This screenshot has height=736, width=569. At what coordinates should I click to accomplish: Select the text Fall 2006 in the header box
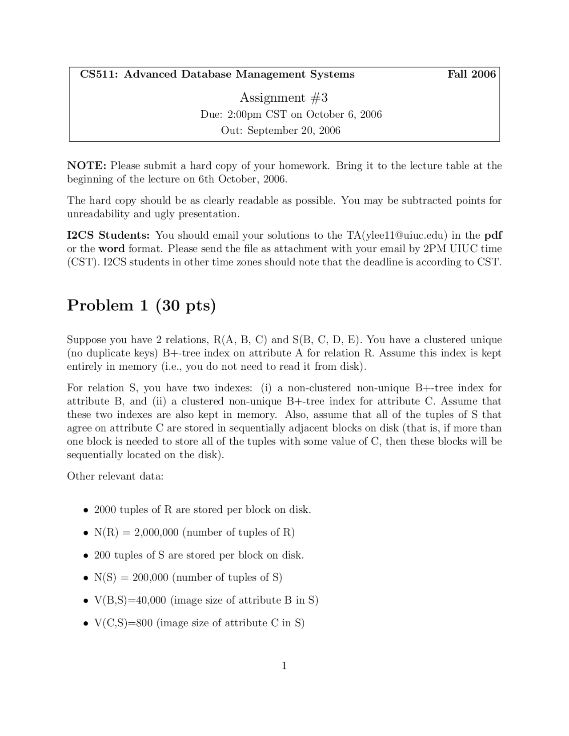[x=471, y=74]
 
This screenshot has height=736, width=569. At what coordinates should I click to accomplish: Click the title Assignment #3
[x=284, y=98]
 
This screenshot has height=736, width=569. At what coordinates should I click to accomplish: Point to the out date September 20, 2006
[x=293, y=131]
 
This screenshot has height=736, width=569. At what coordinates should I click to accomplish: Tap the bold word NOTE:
[x=87, y=166]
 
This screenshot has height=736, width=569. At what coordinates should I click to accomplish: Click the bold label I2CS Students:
[x=108, y=235]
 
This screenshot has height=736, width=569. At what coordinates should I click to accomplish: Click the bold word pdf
[x=493, y=235]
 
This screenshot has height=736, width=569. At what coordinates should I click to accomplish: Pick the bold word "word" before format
[x=112, y=248]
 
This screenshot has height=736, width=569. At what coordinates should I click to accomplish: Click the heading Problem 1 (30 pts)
[x=141, y=306]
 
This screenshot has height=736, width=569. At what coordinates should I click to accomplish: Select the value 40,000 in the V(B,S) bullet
[x=151, y=600]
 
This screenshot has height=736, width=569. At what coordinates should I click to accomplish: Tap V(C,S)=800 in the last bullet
[x=123, y=623]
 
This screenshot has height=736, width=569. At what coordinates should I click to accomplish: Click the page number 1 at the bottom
[x=284, y=666]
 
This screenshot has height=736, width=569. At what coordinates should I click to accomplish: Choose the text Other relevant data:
[x=115, y=476]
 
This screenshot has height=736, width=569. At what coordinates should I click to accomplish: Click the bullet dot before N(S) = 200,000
[x=86, y=578]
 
